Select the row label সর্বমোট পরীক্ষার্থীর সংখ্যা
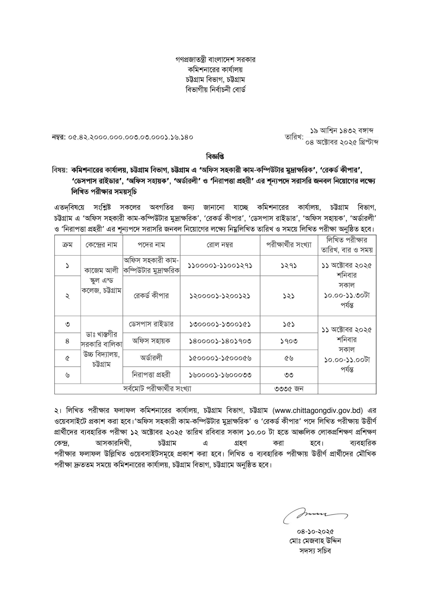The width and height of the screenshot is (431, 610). tap(157, 389)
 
